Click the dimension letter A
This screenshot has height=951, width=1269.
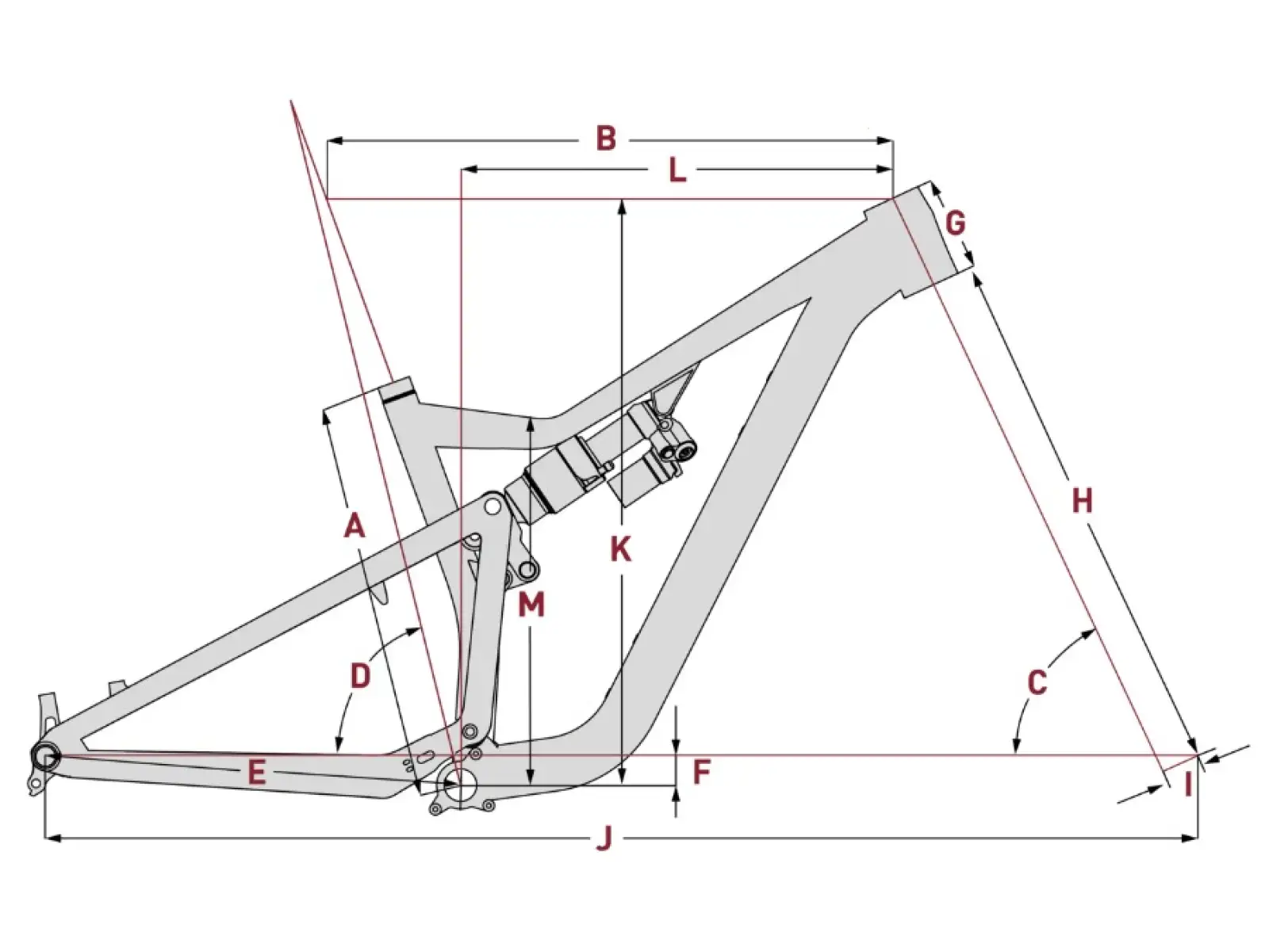(355, 526)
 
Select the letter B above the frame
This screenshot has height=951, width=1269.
(605, 139)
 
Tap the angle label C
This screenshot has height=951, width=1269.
(1037, 683)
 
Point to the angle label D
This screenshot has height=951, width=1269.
(359, 676)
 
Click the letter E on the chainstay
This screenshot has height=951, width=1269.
(256, 773)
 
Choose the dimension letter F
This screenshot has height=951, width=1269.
(701, 773)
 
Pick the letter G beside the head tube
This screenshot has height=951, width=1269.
(956, 223)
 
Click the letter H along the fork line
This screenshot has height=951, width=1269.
(1083, 500)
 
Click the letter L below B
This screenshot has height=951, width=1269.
(677, 170)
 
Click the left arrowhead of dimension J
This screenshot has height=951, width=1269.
(53, 838)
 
